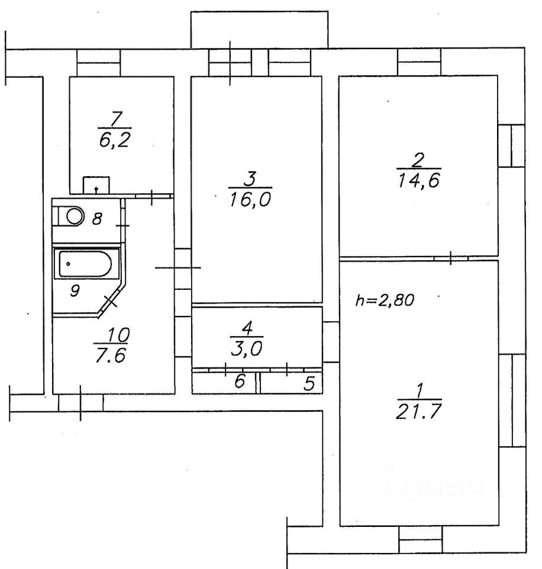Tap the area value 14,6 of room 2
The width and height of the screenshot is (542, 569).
(x=417, y=179)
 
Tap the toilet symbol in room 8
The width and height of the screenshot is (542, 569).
(x=75, y=216)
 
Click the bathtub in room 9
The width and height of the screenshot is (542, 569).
(x=86, y=264)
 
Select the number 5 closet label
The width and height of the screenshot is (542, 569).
(x=308, y=383)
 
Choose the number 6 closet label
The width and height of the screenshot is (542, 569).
(x=239, y=382)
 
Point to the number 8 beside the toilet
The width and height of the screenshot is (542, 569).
(x=98, y=219)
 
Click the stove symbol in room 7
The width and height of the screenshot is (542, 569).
(x=96, y=186)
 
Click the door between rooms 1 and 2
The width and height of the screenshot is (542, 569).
(x=451, y=258)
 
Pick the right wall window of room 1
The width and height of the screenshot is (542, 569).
(x=512, y=401)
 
